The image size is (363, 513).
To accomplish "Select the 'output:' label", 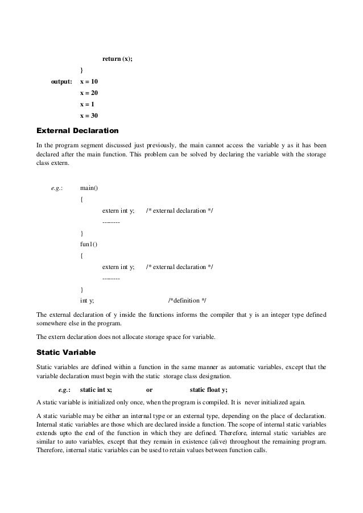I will pyautogui.click(x=62, y=82).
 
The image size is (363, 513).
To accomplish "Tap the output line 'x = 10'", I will pyautogui.click(x=89, y=82).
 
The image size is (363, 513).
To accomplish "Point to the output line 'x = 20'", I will pyautogui.click(x=89, y=93).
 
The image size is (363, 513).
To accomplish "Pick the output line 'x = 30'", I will pyautogui.click(x=89, y=115).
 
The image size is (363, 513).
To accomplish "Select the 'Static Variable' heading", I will pyautogui.click(x=65, y=353).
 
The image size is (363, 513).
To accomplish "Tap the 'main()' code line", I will pyautogui.click(x=89, y=188).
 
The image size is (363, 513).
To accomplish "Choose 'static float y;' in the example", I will pyautogui.click(x=208, y=390).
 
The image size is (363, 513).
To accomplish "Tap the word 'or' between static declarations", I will pyautogui.click(x=149, y=390).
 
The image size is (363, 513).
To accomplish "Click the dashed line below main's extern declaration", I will pyautogui.click(x=110, y=222).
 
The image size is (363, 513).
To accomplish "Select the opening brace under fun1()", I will pyautogui.click(x=82, y=255).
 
